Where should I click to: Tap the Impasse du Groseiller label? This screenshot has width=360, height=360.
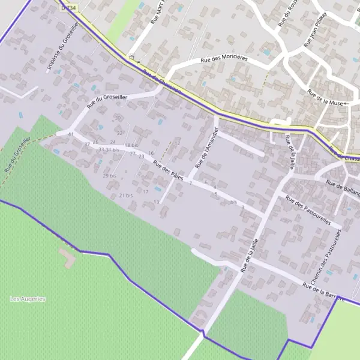62,48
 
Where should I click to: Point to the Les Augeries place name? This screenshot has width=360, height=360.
28,299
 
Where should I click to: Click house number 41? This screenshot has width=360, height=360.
71,134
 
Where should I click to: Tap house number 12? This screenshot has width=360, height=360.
177,143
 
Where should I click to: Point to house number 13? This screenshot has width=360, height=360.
157,202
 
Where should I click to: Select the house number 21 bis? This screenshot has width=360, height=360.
125,196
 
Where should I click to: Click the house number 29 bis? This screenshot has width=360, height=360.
109,176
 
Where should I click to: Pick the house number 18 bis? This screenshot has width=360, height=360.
131,146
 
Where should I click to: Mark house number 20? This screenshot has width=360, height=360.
118,118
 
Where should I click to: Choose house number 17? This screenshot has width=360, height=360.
145,191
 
